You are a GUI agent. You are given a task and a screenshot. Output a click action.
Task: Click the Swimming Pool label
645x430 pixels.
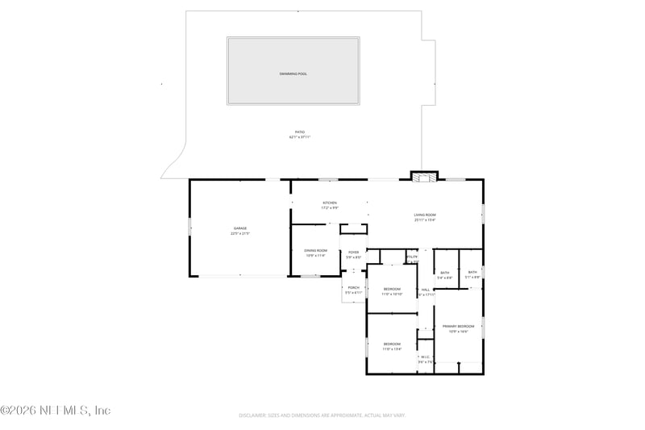293,73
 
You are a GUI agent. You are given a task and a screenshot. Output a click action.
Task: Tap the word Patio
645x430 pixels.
299,132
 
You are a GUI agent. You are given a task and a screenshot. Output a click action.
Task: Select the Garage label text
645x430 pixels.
240,228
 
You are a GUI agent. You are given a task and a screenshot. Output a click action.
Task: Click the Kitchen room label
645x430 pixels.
330,202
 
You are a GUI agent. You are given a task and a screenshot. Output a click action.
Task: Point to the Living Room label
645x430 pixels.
425,214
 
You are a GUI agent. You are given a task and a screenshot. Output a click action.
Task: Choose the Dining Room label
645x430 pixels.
315,250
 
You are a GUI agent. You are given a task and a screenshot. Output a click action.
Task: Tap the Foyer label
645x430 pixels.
353,252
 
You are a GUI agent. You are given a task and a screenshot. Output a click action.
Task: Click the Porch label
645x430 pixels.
353,287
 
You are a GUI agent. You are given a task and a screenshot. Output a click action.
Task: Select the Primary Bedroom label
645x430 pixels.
458,326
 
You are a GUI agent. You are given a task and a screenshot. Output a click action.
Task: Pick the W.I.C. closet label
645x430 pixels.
425,357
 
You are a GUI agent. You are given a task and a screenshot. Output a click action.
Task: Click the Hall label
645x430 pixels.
425,290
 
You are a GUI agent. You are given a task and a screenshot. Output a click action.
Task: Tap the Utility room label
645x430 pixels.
411,257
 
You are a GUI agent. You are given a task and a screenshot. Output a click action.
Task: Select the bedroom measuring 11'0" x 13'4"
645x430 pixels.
392,344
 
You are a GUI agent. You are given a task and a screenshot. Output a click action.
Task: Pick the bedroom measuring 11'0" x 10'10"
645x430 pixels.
392,289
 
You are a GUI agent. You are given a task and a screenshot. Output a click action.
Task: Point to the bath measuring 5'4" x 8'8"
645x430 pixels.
445,273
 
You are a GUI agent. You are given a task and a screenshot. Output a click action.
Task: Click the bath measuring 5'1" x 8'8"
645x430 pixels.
472,273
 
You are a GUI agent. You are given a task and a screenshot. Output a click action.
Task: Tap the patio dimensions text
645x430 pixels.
299,137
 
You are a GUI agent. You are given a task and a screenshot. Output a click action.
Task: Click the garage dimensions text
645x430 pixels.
240,234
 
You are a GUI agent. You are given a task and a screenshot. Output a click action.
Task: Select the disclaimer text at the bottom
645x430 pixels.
322,415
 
